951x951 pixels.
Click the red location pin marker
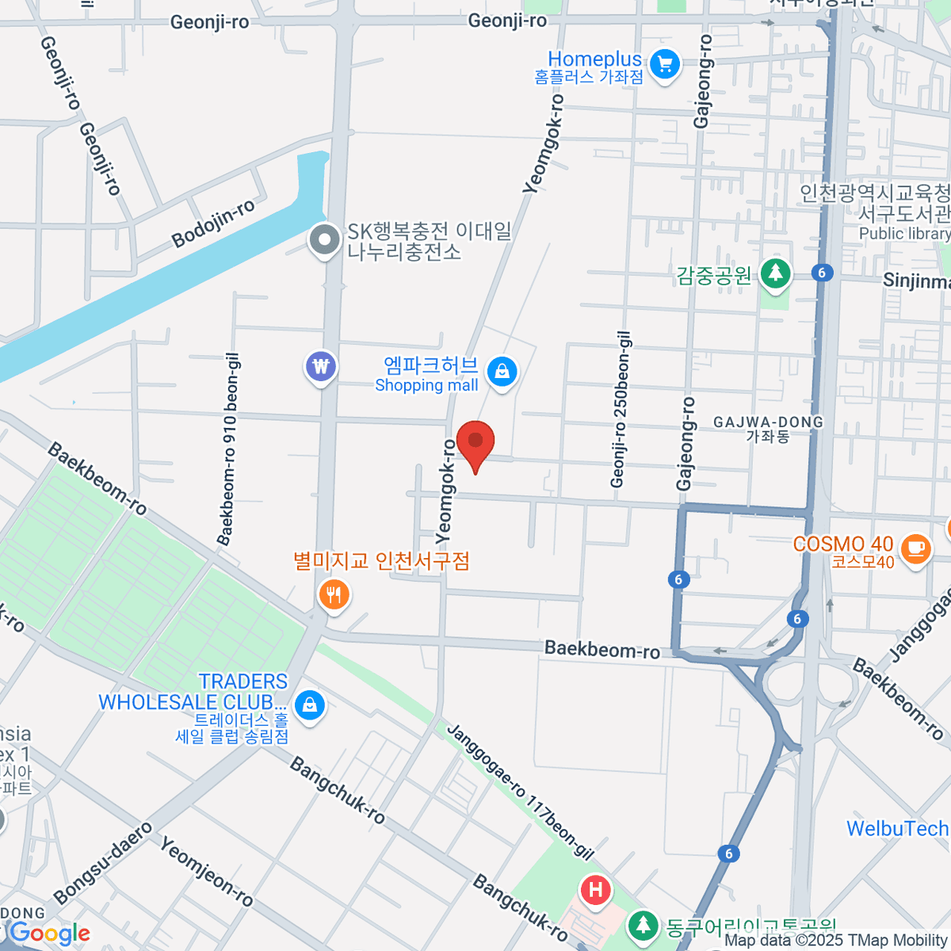(x=475, y=443)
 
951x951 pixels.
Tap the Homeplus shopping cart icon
(x=664, y=65)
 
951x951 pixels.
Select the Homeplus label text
(x=594, y=59)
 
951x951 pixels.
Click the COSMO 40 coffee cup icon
(x=916, y=548)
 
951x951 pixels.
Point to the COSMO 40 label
(x=843, y=544)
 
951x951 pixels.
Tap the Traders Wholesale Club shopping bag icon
(x=309, y=704)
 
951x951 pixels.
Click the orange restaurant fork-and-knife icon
(x=334, y=594)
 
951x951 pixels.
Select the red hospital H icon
(x=595, y=890)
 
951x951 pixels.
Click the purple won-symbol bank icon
(x=321, y=367)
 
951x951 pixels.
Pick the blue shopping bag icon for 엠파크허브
(x=502, y=371)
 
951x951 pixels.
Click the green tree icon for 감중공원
(x=775, y=273)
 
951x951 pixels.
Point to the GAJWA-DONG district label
(x=768, y=422)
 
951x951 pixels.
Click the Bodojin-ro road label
(x=213, y=223)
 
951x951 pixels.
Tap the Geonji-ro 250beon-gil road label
(x=621, y=409)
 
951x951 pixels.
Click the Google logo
(x=49, y=934)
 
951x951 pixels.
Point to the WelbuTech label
(x=897, y=829)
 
